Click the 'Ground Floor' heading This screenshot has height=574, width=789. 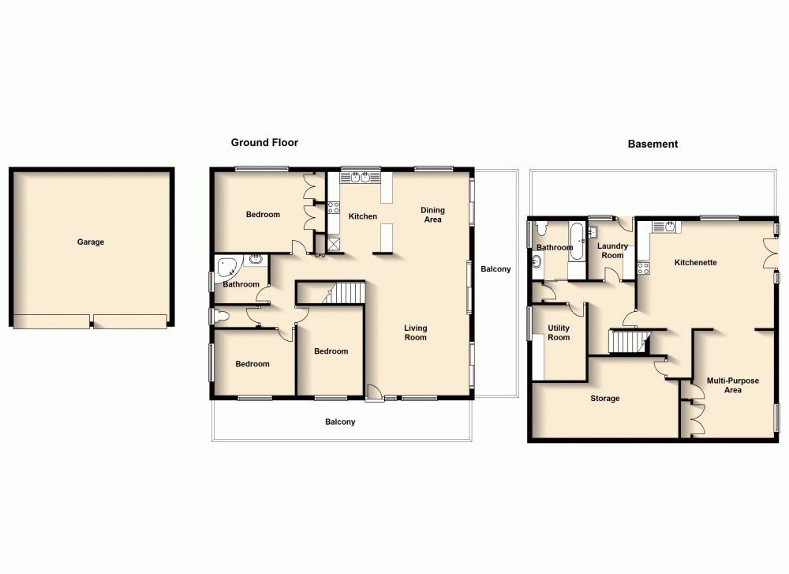pos(264,143)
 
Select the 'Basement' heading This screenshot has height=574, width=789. pos(653,144)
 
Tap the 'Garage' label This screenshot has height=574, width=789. pos(90,242)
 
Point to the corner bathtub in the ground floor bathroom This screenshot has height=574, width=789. pos(226,265)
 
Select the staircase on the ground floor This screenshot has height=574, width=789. pos(346,293)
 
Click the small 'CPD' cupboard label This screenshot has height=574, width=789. pos(320,255)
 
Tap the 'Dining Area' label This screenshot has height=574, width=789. pos(432,215)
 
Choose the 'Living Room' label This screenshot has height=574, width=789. pos(416,332)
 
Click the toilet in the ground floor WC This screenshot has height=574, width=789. pos(221,317)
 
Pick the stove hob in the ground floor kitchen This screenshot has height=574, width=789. pos(334,208)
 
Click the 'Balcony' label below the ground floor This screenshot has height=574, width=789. pos(340,422)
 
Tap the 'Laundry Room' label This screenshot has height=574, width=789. pos(612,250)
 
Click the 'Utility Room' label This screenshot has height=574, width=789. pos(559,332)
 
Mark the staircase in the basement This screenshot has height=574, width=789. pos(628,342)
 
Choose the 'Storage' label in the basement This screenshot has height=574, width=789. pos(605,399)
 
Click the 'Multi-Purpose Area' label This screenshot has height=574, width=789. pos(732,385)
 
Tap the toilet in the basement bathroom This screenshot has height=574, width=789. pos(542,230)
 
